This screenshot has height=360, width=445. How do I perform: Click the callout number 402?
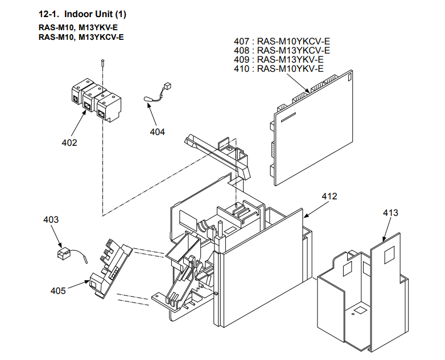[69, 142]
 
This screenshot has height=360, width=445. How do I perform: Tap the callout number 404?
[158, 132]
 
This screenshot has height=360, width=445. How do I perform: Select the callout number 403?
[51, 219]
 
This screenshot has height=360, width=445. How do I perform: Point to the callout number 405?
[57, 291]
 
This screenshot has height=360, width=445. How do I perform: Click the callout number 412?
[329, 197]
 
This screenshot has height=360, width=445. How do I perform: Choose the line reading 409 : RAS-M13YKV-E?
[279, 60]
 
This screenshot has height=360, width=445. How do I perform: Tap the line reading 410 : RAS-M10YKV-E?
[279, 69]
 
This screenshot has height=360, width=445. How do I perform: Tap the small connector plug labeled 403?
[64, 254]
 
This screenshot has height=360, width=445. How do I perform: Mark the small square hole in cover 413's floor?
[360, 311]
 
